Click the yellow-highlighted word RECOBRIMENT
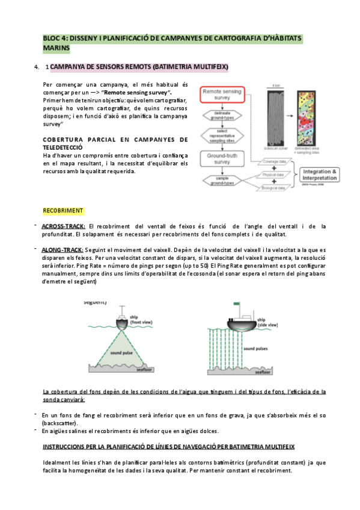(x=63, y=210)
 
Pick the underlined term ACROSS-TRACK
(x=60, y=226)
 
